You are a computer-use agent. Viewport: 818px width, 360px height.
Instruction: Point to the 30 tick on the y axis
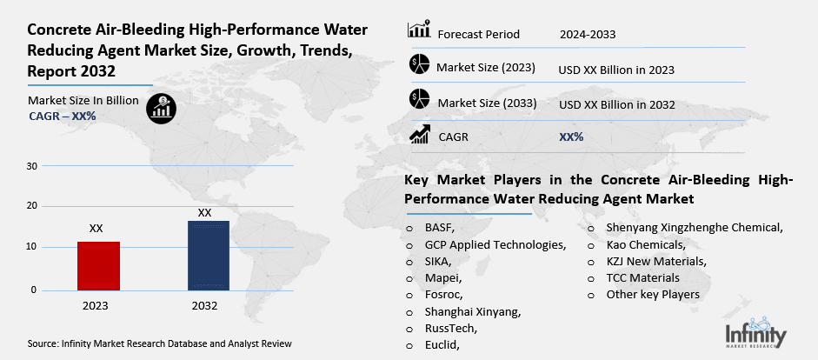coord(32,165)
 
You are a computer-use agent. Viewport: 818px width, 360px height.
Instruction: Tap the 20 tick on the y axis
coord(32,206)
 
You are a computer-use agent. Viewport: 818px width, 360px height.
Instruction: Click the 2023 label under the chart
coord(96,306)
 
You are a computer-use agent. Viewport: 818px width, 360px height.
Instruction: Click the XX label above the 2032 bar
coord(205,212)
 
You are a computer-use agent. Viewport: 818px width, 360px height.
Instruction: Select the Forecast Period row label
coord(478,34)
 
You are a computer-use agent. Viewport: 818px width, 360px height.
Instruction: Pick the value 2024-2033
coord(589,34)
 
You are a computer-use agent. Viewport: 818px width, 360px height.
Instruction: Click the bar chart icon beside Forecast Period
coord(419,30)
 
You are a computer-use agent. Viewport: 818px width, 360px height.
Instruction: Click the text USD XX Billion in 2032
coord(617,104)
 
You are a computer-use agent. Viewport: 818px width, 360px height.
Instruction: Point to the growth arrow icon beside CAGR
coord(420,134)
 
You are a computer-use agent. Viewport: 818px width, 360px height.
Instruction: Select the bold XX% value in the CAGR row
coord(571,137)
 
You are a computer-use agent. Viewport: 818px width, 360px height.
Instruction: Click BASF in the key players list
coord(440,228)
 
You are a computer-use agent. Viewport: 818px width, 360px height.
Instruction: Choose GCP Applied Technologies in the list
coord(495,244)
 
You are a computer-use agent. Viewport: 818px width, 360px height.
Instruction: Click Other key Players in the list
coord(653,294)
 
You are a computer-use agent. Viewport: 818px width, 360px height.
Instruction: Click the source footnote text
coord(159,343)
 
